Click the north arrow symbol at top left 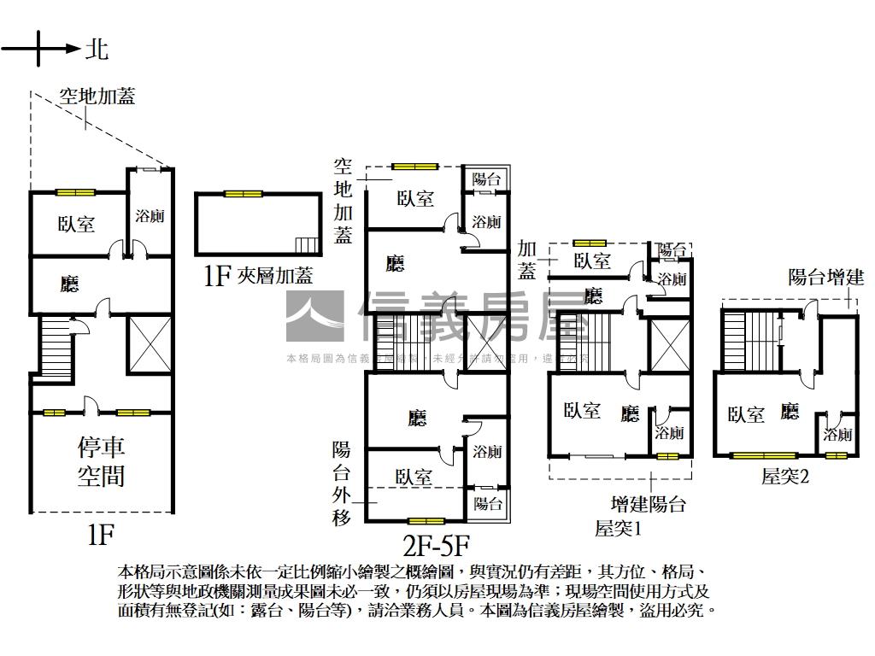click(x=39, y=49)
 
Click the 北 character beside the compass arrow click(x=97, y=49)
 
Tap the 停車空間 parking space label click(x=101, y=461)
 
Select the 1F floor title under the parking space click(x=101, y=535)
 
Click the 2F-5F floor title click(x=437, y=544)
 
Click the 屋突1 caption click(x=618, y=529)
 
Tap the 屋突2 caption click(x=785, y=476)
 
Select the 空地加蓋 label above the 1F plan click(x=97, y=96)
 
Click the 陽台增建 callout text click(x=825, y=277)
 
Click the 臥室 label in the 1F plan click(x=77, y=224)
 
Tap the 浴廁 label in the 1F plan click(x=150, y=216)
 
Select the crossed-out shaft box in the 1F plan click(x=150, y=344)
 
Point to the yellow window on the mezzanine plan click(x=244, y=194)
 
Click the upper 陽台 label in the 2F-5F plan click(x=486, y=179)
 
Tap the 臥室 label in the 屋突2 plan click(x=745, y=414)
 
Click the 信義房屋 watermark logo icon click(x=314, y=317)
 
